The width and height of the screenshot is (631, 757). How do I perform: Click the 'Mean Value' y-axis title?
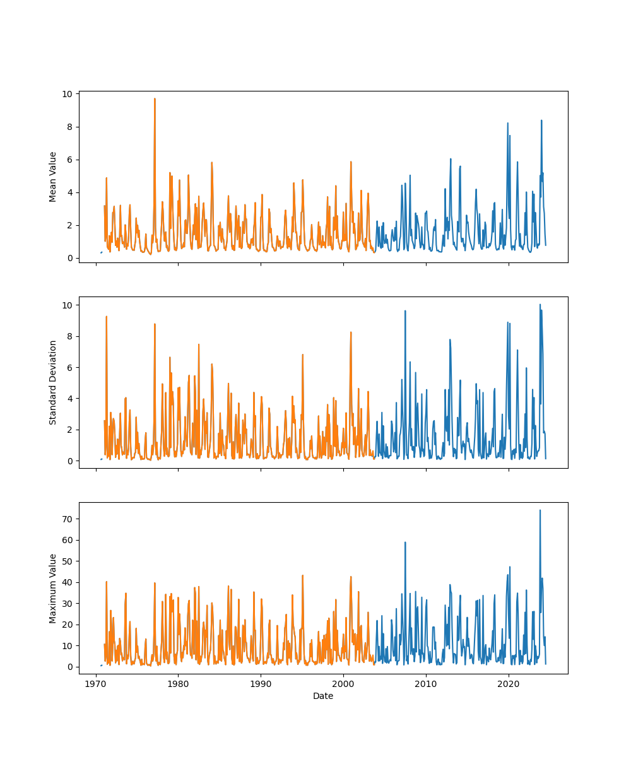click(x=53, y=177)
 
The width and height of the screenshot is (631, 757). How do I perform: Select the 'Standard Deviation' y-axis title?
click(x=53, y=382)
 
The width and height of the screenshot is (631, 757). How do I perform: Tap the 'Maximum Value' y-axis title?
click(x=53, y=588)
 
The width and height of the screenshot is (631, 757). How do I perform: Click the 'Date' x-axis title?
click(x=323, y=696)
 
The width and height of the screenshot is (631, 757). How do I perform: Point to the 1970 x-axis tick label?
click(x=96, y=684)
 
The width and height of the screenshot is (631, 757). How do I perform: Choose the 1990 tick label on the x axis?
click(x=261, y=684)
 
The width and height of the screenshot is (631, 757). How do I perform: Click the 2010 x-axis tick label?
click(x=426, y=684)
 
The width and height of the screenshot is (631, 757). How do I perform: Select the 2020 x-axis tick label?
click(x=509, y=684)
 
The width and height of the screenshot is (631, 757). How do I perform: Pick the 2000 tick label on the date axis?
click(x=343, y=684)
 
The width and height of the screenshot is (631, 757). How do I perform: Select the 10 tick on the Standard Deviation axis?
click(x=69, y=305)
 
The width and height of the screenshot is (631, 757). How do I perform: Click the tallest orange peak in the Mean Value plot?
click(x=155, y=98)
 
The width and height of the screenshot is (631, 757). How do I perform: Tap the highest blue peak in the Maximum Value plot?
click(x=540, y=510)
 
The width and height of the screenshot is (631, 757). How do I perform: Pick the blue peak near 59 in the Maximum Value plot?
click(x=405, y=542)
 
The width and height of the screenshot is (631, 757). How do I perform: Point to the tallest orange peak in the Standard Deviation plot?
click(x=106, y=317)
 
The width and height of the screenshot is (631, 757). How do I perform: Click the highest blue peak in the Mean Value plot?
click(x=541, y=120)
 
